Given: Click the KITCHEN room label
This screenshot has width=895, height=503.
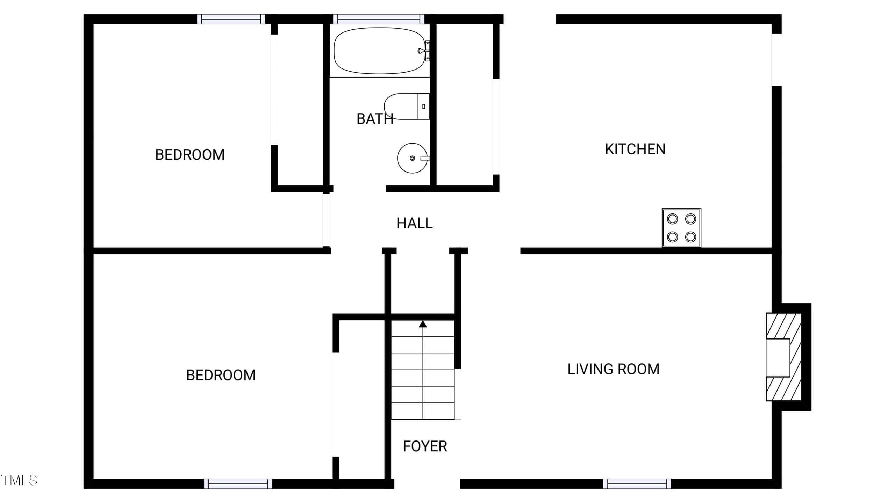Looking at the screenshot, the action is [635, 149].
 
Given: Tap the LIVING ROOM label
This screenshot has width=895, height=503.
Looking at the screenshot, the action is [613, 369].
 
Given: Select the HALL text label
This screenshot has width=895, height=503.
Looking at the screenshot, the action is [414, 223].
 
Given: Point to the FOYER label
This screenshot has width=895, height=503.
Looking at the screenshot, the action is [425, 446].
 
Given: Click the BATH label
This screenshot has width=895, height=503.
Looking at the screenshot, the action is [375, 119].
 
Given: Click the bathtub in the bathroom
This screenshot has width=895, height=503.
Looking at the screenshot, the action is [380, 51].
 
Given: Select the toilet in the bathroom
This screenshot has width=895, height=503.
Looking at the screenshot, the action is [407, 107].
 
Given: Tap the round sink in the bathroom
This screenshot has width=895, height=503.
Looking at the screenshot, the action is [413, 158].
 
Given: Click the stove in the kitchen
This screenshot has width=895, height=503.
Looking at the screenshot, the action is [681, 228].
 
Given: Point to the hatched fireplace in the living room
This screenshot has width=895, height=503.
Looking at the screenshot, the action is [783, 357].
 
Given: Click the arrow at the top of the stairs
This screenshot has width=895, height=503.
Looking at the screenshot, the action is [423, 324].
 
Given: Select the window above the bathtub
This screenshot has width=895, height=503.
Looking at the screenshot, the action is [379, 19].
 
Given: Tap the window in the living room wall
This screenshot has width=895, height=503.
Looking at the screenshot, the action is [637, 484].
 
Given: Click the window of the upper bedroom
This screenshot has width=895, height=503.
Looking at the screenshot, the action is [231, 19].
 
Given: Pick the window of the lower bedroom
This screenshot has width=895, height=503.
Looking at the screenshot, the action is [238, 484].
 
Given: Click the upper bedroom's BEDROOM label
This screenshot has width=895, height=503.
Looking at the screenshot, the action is [190, 155].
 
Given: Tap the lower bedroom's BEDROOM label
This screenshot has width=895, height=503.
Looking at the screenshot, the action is [221, 376].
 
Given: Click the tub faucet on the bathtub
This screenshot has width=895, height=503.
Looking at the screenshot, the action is [424, 51].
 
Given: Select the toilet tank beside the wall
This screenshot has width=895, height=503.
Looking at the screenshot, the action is [424, 107].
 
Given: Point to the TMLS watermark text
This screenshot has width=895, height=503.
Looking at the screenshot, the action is [19, 480].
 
